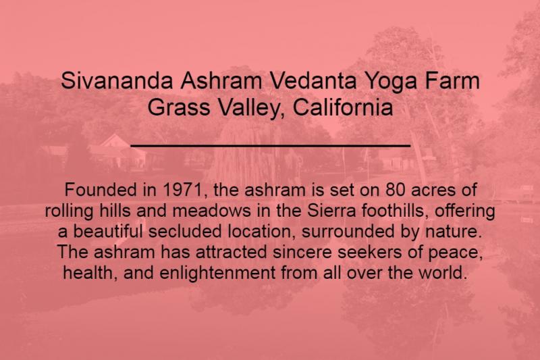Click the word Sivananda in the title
116,80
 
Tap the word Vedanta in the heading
313,80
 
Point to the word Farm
452,80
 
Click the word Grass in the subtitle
179,107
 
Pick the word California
343,107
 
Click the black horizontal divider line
271,146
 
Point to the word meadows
211,211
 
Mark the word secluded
185,231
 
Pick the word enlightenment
217,273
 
